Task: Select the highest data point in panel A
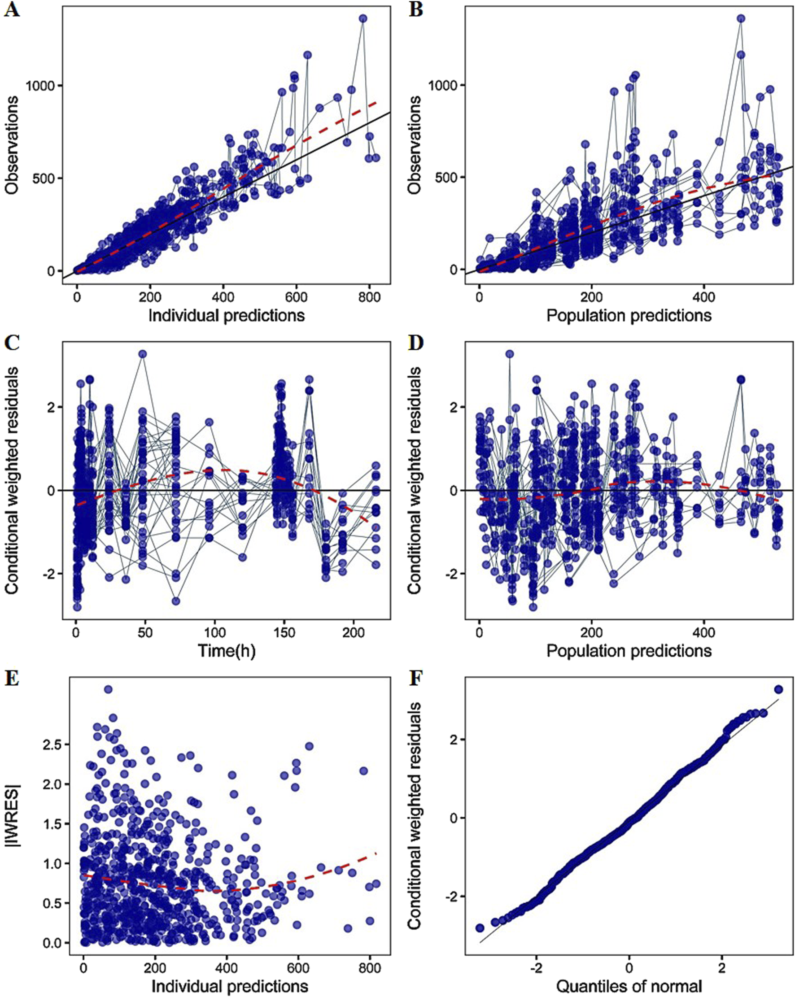coord(363,18)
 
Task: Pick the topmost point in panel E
coord(108,689)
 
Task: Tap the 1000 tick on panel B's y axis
coord(441,85)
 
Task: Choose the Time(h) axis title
coord(227,651)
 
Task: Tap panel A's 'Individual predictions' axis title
coord(227,315)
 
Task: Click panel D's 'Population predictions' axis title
coord(629,651)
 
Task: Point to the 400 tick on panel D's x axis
coord(704,633)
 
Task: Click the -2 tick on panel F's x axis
coord(537,968)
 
